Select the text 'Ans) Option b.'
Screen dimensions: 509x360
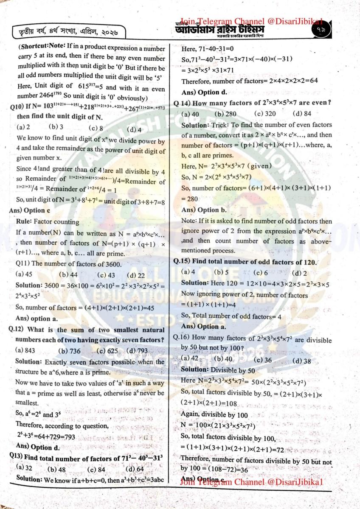(204, 210)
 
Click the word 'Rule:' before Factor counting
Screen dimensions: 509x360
(24, 221)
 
